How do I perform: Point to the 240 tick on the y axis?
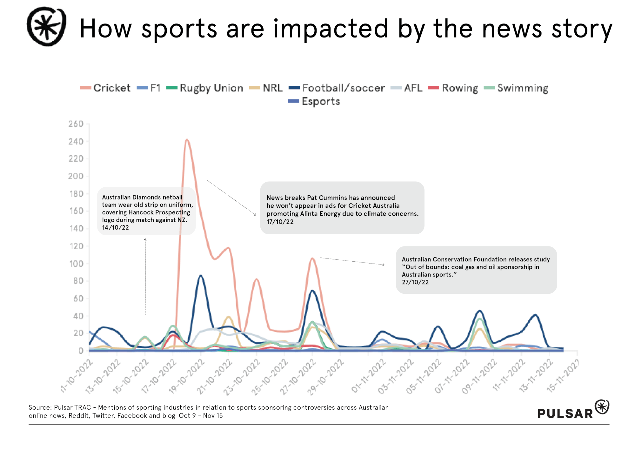click(x=76, y=141)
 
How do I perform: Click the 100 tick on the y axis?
click(x=76, y=264)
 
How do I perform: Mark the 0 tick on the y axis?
click(x=81, y=351)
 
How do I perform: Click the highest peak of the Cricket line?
click(x=187, y=140)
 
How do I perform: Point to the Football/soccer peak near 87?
click(x=200, y=276)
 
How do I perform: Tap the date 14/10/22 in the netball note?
click(x=116, y=227)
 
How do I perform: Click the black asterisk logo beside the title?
click(x=47, y=26)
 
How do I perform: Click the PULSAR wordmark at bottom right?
click(x=565, y=413)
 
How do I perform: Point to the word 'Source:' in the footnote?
click(x=40, y=407)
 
